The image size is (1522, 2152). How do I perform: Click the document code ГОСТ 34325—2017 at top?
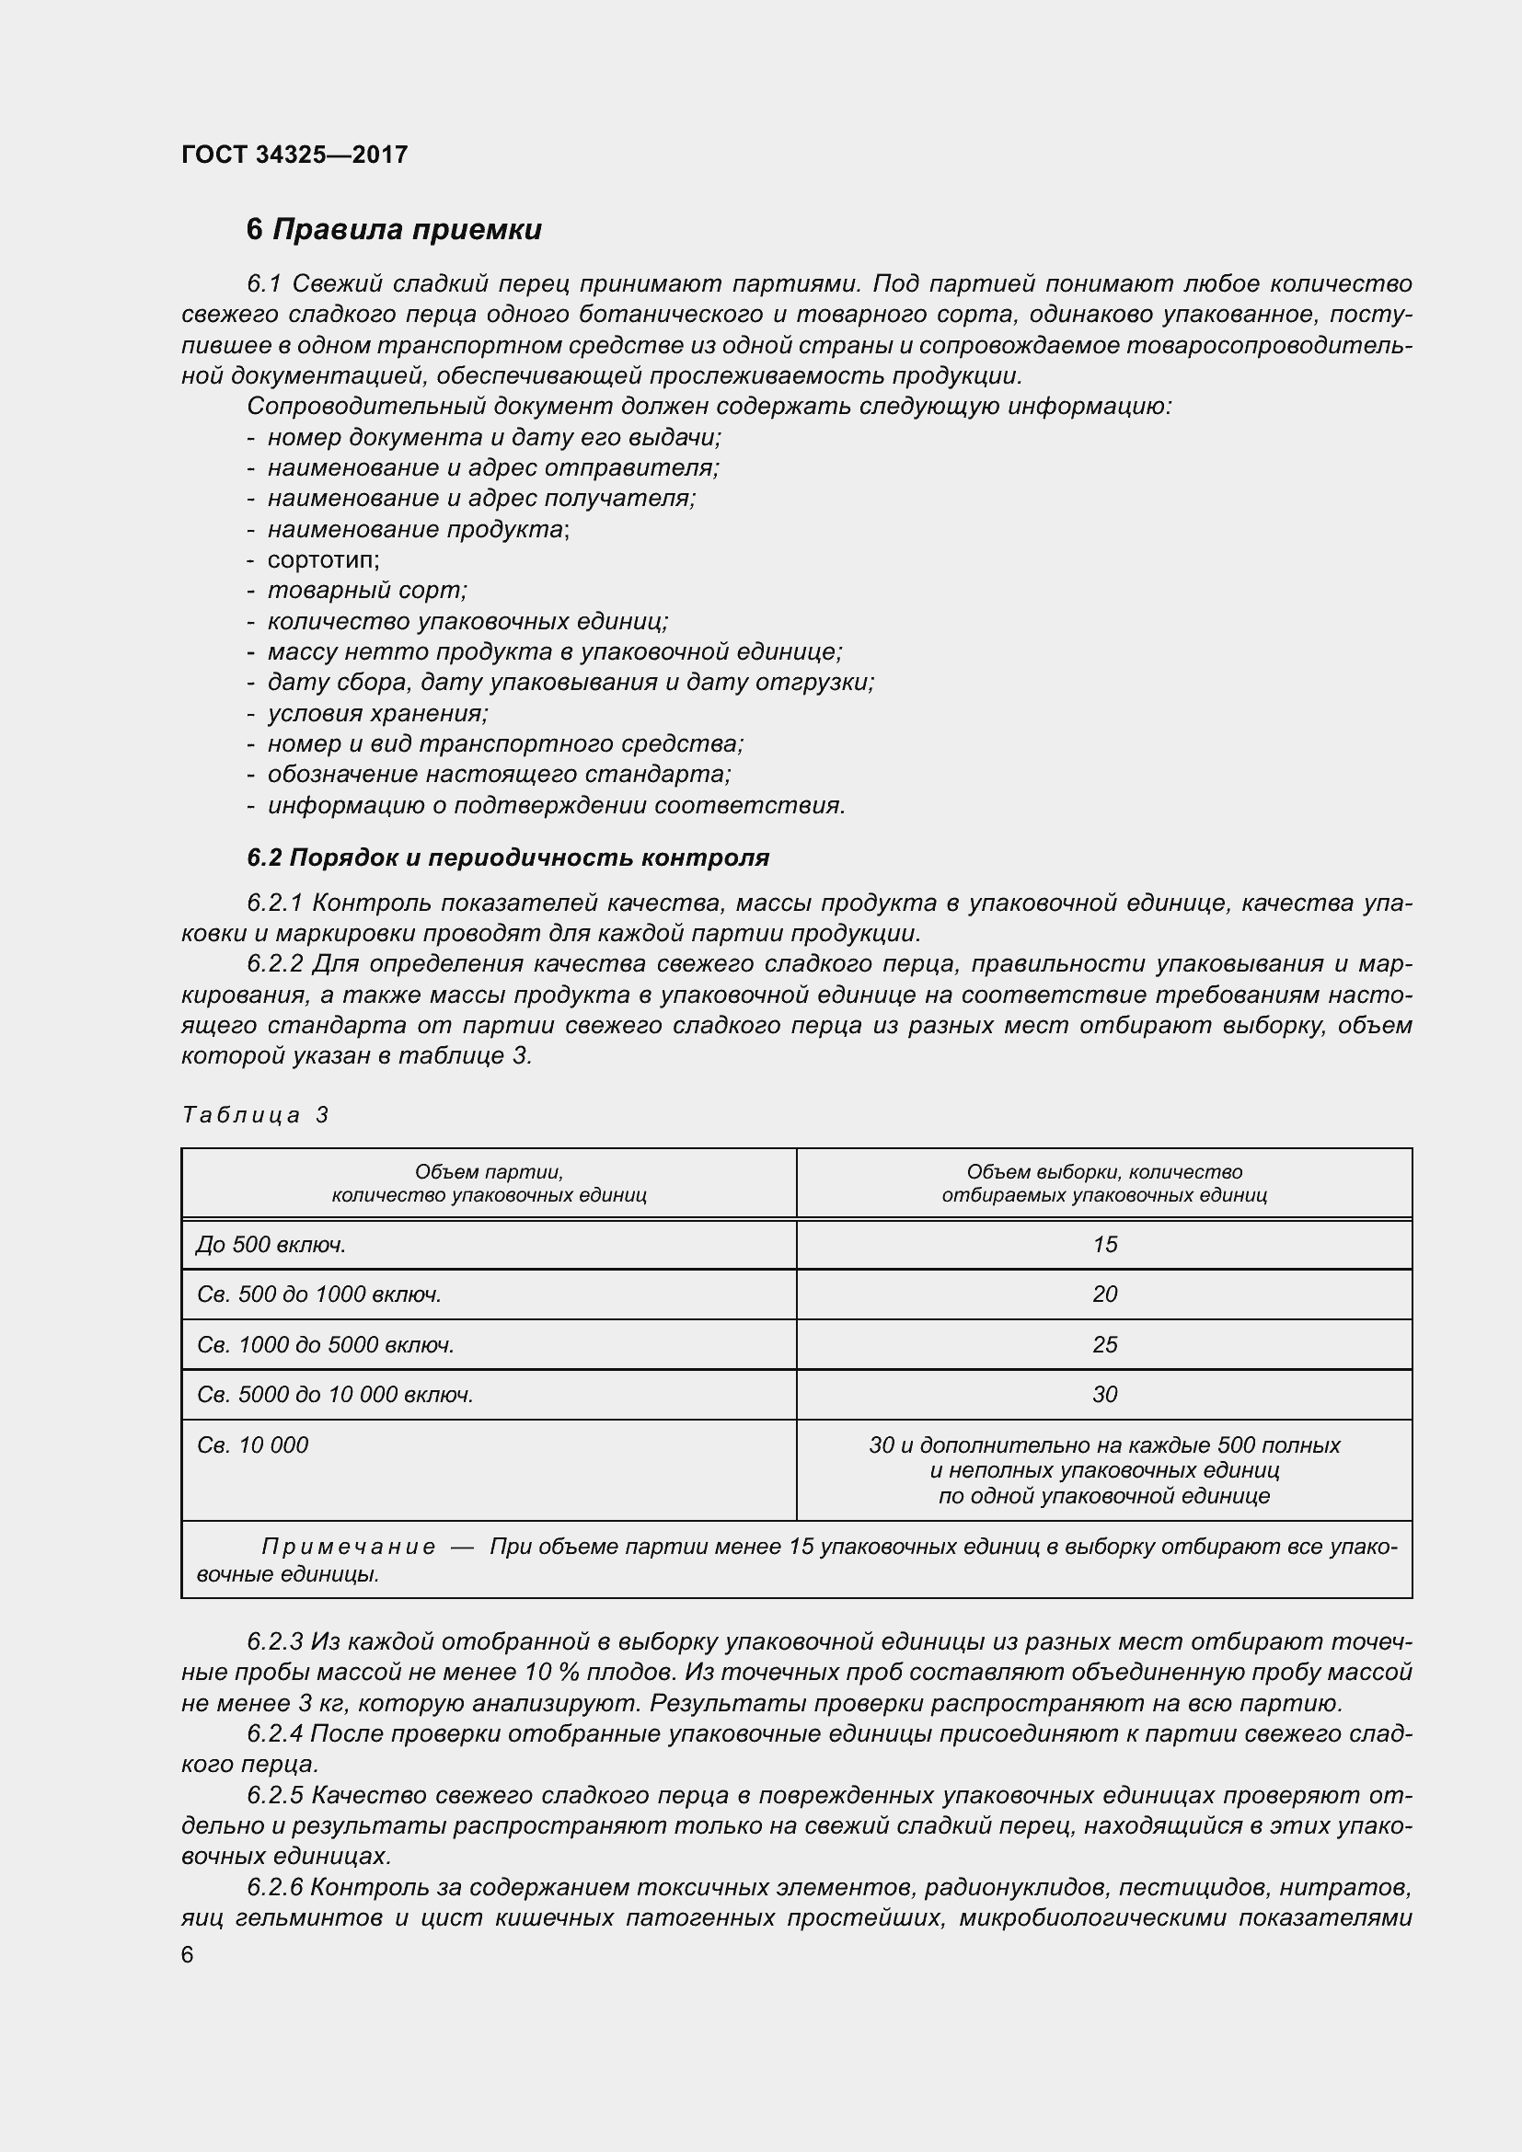[x=294, y=155]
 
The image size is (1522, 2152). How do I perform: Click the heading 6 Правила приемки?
[x=394, y=230]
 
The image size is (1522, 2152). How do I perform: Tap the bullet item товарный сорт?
[x=366, y=591]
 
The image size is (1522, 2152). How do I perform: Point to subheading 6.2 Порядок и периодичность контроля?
[x=508, y=857]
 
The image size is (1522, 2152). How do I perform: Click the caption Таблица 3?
[x=255, y=1114]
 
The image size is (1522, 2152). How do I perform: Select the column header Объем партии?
[x=489, y=1183]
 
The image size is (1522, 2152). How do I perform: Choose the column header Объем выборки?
[x=1104, y=1183]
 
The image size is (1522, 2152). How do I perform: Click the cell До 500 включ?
[x=271, y=1245]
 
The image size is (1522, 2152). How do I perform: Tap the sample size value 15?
[x=1104, y=1245]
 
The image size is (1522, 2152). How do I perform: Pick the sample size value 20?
[x=1104, y=1295]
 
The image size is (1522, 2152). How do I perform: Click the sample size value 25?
[x=1104, y=1345]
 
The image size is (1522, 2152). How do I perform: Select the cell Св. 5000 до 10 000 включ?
[x=335, y=1395]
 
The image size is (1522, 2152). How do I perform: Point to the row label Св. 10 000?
[x=253, y=1445]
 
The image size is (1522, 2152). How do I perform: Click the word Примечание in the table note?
[x=348, y=1547]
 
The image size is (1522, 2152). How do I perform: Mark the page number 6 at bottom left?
[x=188, y=1954]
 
